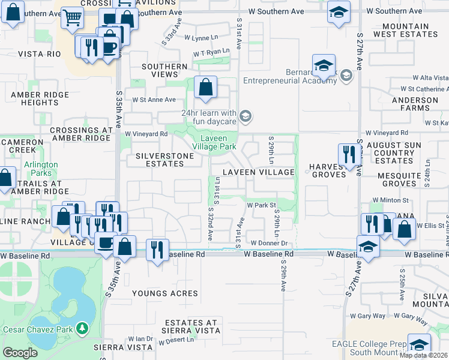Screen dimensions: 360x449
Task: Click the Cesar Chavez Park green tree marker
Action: point(82,329)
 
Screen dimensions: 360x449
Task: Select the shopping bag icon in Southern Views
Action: point(205,88)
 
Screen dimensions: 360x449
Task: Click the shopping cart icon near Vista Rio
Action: point(72,19)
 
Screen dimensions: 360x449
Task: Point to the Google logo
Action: point(20,353)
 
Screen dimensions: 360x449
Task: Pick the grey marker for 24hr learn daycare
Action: point(245,115)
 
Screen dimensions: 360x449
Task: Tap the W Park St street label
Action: point(261,205)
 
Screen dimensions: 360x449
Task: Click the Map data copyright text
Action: point(424,355)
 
